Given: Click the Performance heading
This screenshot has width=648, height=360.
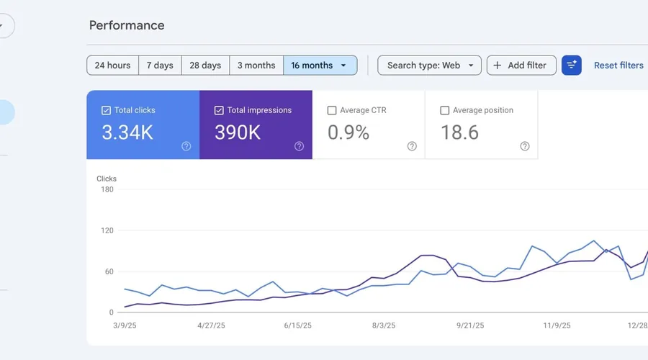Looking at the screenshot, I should click(x=127, y=25).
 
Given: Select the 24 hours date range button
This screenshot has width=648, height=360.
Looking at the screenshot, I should click(x=112, y=66).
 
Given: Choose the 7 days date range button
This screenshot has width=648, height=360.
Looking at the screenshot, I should click(x=160, y=66).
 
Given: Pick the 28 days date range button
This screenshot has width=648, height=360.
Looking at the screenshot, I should click(x=205, y=66).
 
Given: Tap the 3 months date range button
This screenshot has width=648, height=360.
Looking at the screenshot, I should click(x=256, y=66).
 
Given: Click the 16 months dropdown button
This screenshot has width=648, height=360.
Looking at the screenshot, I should click(x=320, y=66).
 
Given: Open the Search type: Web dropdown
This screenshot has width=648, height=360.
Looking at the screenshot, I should click(x=429, y=66).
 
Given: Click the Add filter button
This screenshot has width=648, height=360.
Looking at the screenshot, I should click(x=521, y=66).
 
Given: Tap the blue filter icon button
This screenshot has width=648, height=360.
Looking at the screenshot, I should click(x=571, y=66).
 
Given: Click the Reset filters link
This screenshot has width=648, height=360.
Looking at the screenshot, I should click(x=618, y=66).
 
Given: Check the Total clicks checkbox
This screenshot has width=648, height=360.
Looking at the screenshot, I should click(x=106, y=111).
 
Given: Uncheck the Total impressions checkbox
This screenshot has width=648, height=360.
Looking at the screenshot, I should click(x=219, y=111).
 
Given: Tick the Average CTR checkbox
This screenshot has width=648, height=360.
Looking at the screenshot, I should click(x=332, y=111).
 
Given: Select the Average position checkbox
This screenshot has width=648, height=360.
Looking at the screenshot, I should click(x=445, y=111).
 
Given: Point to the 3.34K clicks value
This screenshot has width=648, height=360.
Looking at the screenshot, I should click(x=127, y=132).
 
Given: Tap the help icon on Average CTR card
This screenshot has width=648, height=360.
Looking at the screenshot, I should click(x=412, y=146).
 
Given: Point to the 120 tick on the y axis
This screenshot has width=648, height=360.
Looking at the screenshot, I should click(x=107, y=230).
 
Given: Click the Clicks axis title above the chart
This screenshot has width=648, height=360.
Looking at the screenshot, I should click(x=107, y=179).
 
